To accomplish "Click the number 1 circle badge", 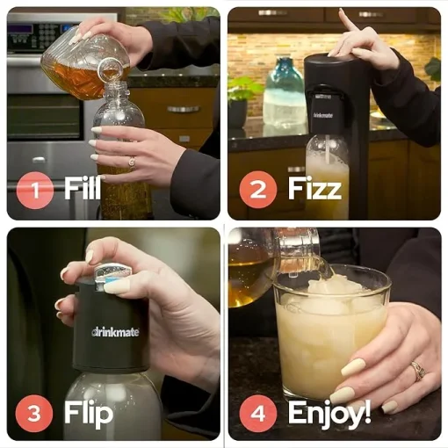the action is pyautogui.click(x=35, y=190).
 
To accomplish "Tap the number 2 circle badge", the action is pyautogui.click(x=258, y=190).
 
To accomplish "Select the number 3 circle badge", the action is pyautogui.click(x=34, y=414).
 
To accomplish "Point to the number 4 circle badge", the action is pyautogui.click(x=258, y=414).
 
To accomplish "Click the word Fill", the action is pyautogui.click(x=83, y=188).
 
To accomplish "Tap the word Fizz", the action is pyautogui.click(x=314, y=188).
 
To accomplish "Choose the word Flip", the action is pyautogui.click(x=89, y=412).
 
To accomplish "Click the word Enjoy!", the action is pyautogui.click(x=329, y=412).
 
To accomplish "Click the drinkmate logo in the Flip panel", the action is pyautogui.click(x=115, y=332).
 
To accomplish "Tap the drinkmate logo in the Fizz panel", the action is pyautogui.click(x=323, y=115).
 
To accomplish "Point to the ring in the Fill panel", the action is pyautogui.click(x=132, y=162).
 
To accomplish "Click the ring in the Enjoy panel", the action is pyautogui.click(x=418, y=370).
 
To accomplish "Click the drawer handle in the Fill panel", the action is pyautogui.click(x=183, y=109).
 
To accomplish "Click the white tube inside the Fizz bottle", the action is pyautogui.click(x=330, y=149).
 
